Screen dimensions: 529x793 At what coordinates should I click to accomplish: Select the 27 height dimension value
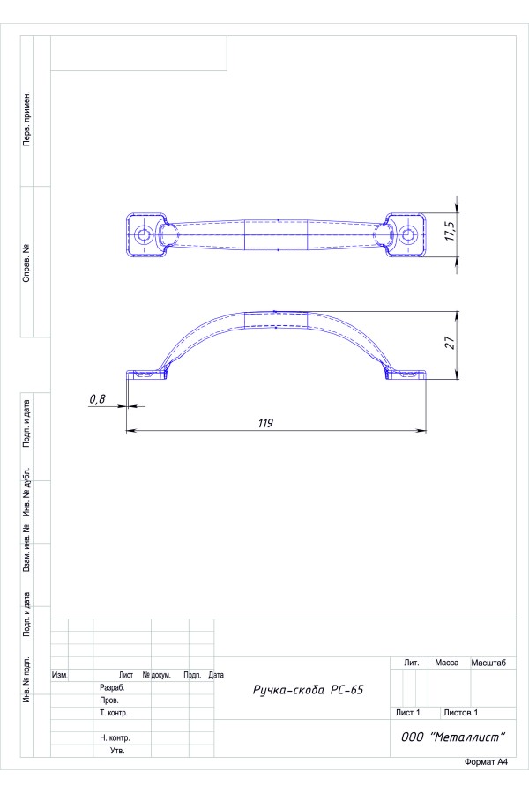coord(450,343)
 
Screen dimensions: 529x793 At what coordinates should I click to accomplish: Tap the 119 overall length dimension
coord(265,423)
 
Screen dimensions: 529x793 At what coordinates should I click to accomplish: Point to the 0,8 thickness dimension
coord(97,399)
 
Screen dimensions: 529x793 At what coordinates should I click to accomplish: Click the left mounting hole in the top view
coord(145,234)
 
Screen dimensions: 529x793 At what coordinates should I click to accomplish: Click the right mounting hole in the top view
coord(407,234)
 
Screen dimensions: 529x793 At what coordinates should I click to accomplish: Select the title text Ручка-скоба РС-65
coord(309,690)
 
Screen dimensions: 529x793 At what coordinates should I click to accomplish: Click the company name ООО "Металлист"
coord(453,737)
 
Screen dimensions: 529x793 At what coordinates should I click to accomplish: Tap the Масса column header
coord(446,663)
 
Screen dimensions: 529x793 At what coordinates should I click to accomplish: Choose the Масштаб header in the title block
coord(488,663)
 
